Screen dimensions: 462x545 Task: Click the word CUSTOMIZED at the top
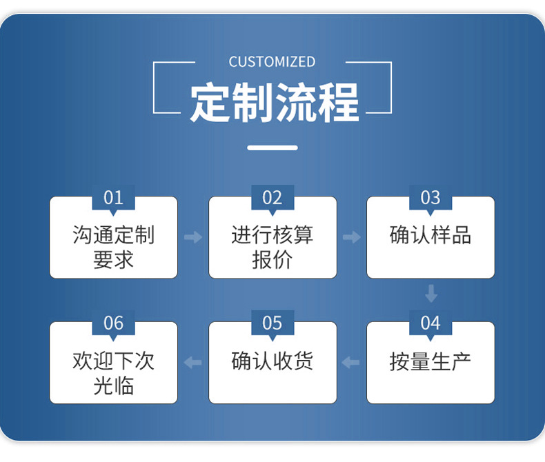[272, 62]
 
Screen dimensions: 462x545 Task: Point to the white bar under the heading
[272, 148]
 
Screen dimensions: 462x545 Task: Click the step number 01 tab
[113, 198]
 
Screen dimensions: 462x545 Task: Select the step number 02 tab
[272, 198]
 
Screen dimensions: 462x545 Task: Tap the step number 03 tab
[430, 198]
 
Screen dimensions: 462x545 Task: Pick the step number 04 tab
[430, 323]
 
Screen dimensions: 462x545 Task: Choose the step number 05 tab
[272, 323]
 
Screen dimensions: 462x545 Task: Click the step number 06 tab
[113, 323]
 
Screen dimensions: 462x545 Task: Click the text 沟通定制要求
[113, 247]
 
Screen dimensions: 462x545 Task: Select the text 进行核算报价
[272, 247]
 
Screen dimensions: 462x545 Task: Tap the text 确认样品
[430, 235]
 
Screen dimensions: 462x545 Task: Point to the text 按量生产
[430, 361]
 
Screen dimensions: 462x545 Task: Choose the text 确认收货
[272, 361]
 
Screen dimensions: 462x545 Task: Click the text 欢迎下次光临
[113, 372]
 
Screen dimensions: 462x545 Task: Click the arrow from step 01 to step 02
[193, 237]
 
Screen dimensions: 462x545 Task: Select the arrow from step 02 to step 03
[352, 237]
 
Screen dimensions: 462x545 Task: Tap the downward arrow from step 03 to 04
[431, 294]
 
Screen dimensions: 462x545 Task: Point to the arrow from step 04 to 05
[351, 363]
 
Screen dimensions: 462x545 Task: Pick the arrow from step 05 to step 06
[193, 363]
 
